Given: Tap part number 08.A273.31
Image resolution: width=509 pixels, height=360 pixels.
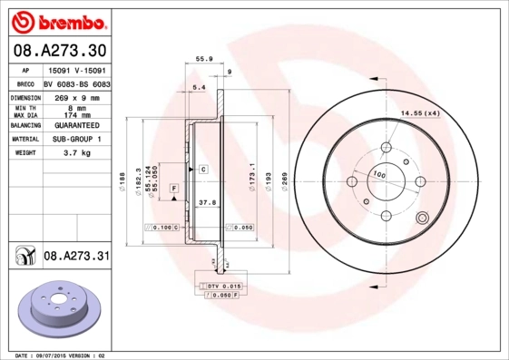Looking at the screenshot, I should click(x=76, y=257).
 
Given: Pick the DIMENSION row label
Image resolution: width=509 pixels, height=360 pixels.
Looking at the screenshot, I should click(x=25, y=95).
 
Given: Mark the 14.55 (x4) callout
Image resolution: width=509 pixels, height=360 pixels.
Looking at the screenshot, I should click(x=419, y=112).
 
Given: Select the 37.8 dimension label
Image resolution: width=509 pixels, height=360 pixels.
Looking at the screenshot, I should click(x=206, y=204).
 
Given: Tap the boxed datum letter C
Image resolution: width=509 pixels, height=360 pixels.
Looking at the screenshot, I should click(x=204, y=170).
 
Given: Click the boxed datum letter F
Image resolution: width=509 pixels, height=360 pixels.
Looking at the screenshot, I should click(x=174, y=188).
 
